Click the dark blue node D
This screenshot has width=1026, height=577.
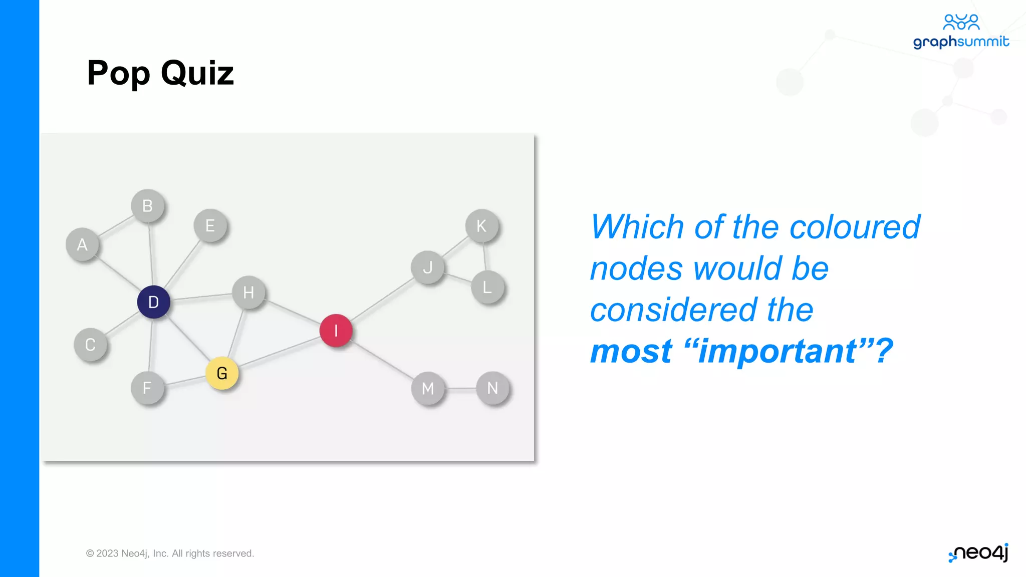[153, 302]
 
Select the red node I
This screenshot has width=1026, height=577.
[336, 331]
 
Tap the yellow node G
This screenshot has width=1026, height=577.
[222, 373]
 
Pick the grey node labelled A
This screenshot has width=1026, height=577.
[82, 245]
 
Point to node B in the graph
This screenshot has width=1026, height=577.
[147, 206]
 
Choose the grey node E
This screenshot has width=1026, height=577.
[210, 226]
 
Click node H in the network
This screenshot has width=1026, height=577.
[248, 293]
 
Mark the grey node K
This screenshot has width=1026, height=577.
[481, 226]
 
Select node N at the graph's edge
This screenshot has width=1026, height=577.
[492, 388]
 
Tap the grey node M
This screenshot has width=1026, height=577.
[428, 388]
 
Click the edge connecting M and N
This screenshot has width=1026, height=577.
[460, 388]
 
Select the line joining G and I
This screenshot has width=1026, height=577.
[279, 352]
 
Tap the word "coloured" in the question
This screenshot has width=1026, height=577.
[855, 227]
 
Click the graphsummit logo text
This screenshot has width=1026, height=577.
[960, 42]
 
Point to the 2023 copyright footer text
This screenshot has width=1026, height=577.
[170, 553]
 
